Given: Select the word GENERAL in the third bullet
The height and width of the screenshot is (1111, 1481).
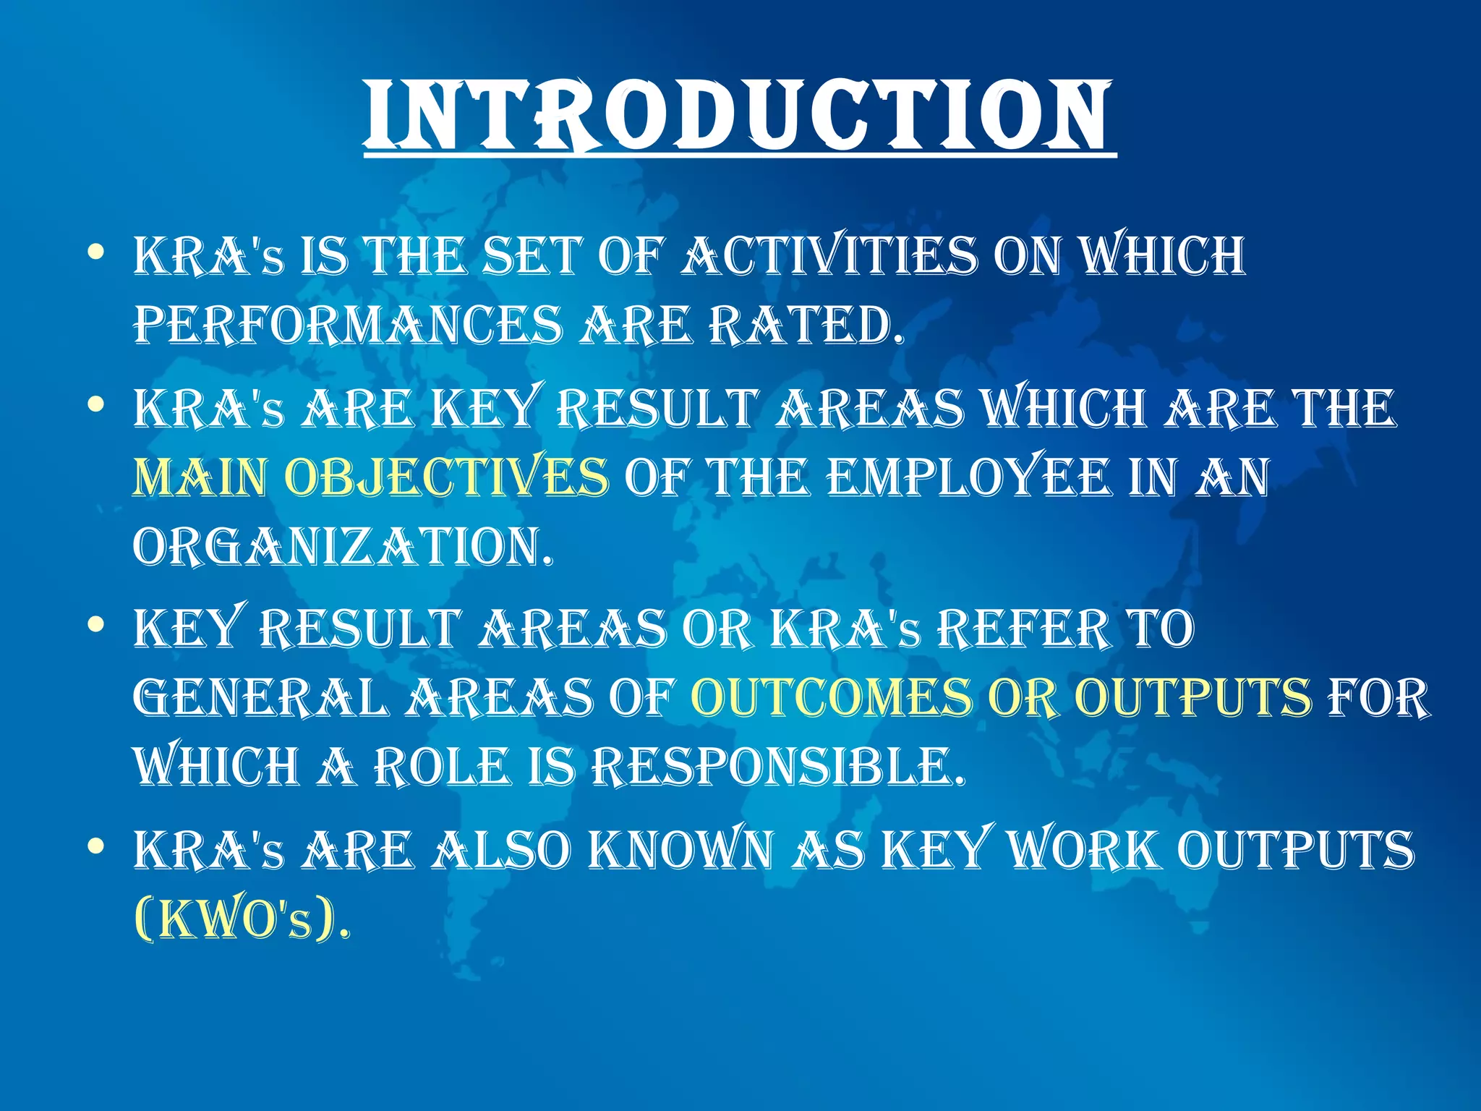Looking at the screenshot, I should [260, 698].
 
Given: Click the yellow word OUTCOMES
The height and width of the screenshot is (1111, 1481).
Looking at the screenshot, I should [831, 698].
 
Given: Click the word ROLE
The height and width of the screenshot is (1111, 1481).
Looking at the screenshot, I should [442, 767].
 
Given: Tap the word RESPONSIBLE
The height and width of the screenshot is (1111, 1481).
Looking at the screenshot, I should [777, 767].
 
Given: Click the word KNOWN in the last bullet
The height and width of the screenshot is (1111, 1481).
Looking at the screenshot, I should [680, 849].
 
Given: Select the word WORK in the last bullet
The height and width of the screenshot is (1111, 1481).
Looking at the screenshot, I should [1084, 849].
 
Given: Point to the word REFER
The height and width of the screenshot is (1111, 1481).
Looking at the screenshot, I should [1023, 628].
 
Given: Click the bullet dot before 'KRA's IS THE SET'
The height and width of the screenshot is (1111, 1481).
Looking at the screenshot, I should [95, 252].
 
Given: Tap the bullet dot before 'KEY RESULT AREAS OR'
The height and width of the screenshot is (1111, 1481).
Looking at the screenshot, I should [95, 623].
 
